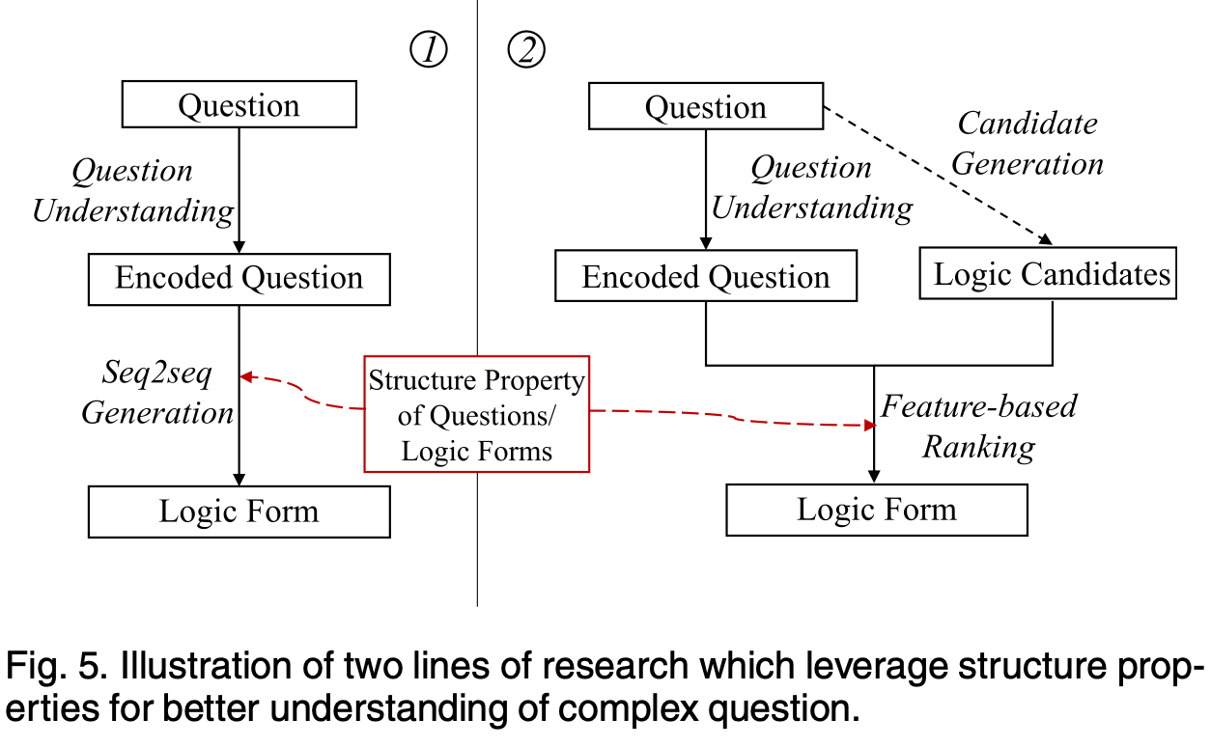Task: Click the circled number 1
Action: click(429, 51)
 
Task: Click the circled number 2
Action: click(526, 51)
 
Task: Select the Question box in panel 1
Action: click(239, 105)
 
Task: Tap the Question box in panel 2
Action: click(706, 106)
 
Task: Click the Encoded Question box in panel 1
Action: click(239, 279)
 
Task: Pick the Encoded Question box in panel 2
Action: click(706, 278)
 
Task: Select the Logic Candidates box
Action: click(1052, 275)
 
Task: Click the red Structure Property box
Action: click(477, 415)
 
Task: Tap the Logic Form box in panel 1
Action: click(239, 512)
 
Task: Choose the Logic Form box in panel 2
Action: click(876, 510)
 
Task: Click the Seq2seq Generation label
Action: click(157, 394)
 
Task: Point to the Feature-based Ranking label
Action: click(978, 426)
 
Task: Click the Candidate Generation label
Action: click(1028, 144)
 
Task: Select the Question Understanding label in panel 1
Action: click(133, 191)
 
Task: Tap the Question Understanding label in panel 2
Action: click(812, 188)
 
